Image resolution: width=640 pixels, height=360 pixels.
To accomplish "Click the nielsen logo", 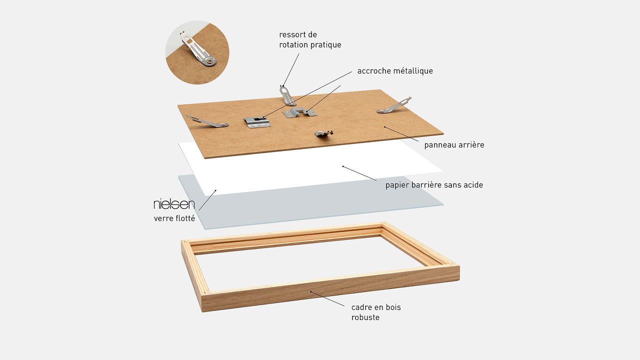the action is coord(174,204).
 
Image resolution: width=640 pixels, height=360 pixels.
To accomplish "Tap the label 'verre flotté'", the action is coord(174,218).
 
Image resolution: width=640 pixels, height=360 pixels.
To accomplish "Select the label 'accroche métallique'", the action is coord(395,71).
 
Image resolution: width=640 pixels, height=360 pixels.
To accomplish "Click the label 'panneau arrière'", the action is coord(454,145).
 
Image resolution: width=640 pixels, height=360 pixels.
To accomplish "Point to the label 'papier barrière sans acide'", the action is coord(434,185).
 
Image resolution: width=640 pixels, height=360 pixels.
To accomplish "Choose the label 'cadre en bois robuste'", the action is coord(376,312).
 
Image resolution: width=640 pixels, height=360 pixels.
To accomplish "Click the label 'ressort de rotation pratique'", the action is coord(310,39).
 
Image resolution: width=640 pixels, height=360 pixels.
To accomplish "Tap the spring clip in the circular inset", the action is coord(197,49).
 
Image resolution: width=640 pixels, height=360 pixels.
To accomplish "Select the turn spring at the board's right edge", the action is coord(394,105).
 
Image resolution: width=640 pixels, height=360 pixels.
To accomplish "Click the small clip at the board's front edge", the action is coord(324,133).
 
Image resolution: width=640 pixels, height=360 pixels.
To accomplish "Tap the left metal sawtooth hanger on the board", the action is coord(257,122).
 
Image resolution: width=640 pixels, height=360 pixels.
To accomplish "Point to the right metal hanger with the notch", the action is coord(299,112).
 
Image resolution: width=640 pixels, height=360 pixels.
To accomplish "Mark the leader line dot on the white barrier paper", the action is coord(343,166).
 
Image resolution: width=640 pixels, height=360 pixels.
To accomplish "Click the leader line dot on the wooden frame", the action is coord(311,291).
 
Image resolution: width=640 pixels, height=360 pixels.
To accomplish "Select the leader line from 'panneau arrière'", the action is coord(401,134).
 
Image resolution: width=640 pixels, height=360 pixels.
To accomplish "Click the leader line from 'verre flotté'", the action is coord(207,200).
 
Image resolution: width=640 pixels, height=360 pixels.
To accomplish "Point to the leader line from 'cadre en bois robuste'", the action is coord(327,299).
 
